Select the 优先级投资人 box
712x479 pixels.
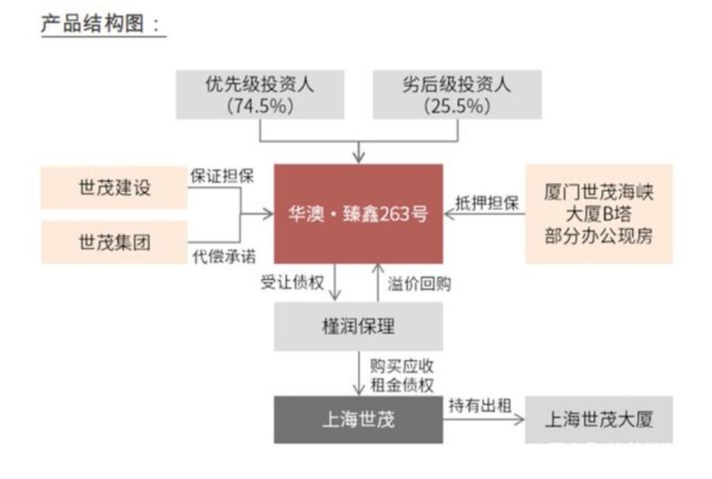pos(260,95)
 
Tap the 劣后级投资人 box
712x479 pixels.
pos(457,95)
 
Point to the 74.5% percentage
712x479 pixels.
pos(260,106)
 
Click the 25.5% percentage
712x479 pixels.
pos(457,106)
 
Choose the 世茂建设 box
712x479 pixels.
pos(114,188)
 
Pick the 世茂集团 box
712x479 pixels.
pos(114,242)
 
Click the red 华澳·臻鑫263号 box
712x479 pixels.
pos(358,214)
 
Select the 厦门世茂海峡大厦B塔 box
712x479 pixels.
pos(599,214)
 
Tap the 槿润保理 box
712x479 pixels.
pos(358,326)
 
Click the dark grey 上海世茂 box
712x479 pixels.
pos(358,419)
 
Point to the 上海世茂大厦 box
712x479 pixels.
pos(599,419)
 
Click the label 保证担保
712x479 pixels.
pos(222,176)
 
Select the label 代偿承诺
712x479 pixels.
pos(222,257)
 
